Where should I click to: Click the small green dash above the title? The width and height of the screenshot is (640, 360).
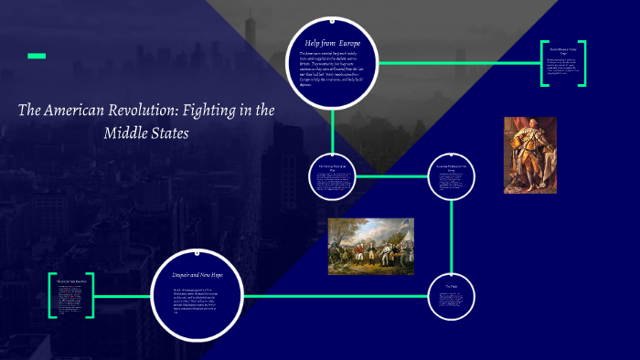[37, 57]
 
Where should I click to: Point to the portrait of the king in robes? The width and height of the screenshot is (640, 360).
[530, 154]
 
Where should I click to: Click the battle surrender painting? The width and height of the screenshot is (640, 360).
[371, 246]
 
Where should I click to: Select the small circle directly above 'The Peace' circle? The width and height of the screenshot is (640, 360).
[452, 175]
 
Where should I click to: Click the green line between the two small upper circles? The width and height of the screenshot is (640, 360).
[391, 175]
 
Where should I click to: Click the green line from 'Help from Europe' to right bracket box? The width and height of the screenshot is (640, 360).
[457, 63]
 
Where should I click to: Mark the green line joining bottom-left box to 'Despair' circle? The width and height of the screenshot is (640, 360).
[124, 296]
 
